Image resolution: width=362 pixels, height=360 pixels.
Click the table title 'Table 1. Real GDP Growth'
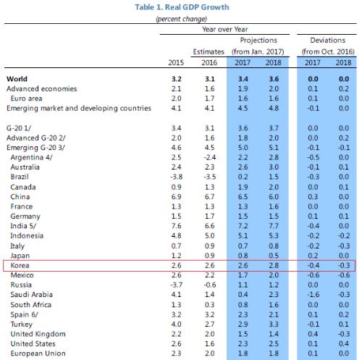[182, 7]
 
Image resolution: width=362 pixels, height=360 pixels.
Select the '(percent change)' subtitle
[182, 19]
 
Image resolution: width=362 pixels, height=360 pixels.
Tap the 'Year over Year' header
[225, 29]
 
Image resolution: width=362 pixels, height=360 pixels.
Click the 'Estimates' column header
[209, 51]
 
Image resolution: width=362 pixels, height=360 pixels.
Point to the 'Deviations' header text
[328, 40]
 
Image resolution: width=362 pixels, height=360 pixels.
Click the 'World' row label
[17, 79]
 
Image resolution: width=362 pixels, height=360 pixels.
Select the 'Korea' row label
[20, 265]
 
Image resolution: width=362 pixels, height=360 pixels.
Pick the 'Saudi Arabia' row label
[31, 295]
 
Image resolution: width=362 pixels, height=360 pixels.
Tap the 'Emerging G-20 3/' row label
[35, 148]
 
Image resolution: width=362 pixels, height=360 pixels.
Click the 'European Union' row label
[38, 353]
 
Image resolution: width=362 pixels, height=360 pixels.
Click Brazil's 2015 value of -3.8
[176, 177]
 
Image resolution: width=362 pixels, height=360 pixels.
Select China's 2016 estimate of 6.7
[209, 197]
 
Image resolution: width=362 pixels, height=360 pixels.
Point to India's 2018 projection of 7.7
[274, 226]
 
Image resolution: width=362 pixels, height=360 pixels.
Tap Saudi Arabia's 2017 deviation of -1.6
[313, 295]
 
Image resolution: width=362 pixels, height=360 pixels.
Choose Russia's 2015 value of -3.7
[176, 285]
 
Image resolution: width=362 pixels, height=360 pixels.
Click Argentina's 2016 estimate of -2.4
[209, 157]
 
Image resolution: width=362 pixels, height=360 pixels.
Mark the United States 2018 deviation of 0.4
[344, 344]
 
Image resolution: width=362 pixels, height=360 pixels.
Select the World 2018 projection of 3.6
[274, 79]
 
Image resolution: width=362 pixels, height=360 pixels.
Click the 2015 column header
[176, 62]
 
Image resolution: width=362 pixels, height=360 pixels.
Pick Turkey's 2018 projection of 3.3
[274, 325]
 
